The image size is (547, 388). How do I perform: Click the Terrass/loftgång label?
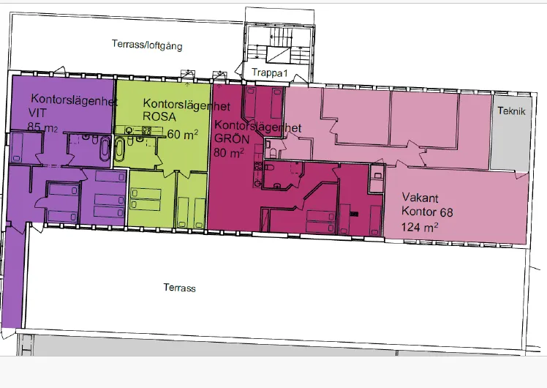[147, 45]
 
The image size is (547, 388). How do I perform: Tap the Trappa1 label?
[268, 74]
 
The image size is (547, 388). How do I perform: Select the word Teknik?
[510, 111]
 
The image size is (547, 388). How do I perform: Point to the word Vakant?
[419, 198]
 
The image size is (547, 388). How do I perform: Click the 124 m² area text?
[421, 226]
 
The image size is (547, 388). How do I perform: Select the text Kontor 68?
[428, 212]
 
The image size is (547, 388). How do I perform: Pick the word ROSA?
[160, 118]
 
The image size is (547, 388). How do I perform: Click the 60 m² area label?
[183, 134]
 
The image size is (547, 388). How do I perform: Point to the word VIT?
[37, 112]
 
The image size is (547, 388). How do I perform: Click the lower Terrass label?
[179, 288]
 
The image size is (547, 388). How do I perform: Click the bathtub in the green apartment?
[121, 151]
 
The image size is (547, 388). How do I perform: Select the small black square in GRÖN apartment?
[354, 214]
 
